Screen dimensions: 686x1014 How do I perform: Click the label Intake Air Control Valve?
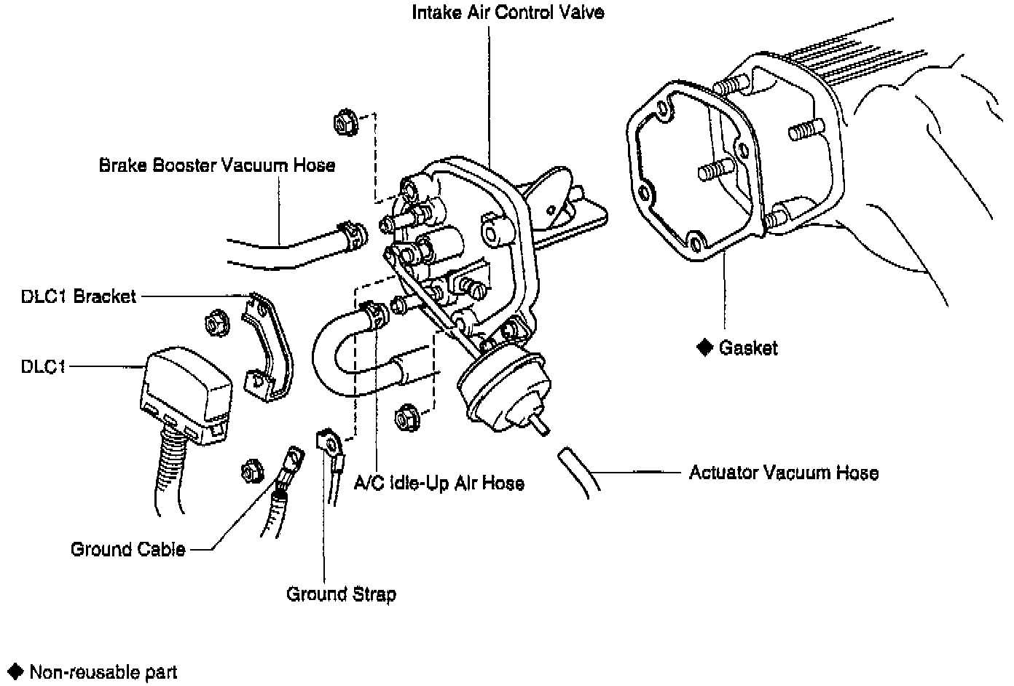(508, 12)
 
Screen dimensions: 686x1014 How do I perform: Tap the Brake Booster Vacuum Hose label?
(217, 165)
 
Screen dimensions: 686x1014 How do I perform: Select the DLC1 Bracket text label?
(79, 296)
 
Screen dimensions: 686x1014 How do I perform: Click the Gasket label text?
(748, 348)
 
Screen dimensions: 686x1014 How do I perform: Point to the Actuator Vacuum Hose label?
(784, 473)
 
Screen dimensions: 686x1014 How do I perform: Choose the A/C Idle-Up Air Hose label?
(439, 483)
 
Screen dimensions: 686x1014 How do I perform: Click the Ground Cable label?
(128, 549)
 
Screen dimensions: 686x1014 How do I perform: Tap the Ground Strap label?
(341, 594)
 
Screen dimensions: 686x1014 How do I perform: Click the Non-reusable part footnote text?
(103, 671)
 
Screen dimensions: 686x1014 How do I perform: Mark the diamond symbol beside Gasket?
(704, 347)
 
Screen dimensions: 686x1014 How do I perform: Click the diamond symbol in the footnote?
(14, 671)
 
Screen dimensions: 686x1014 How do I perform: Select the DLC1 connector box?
(185, 393)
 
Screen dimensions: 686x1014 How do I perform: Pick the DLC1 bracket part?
(267, 346)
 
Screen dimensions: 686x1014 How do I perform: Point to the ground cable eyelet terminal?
(293, 458)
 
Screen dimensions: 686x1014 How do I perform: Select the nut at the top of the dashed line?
(343, 122)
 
